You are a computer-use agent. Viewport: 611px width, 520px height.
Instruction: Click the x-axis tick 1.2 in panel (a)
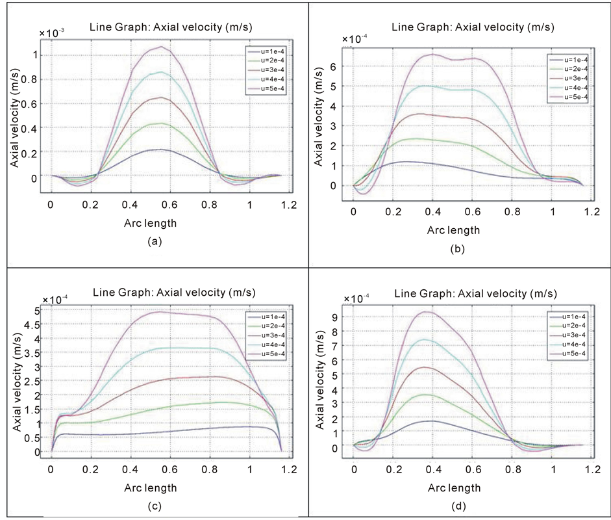click(289, 205)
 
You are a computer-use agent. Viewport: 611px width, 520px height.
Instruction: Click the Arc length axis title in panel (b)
click(453, 230)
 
